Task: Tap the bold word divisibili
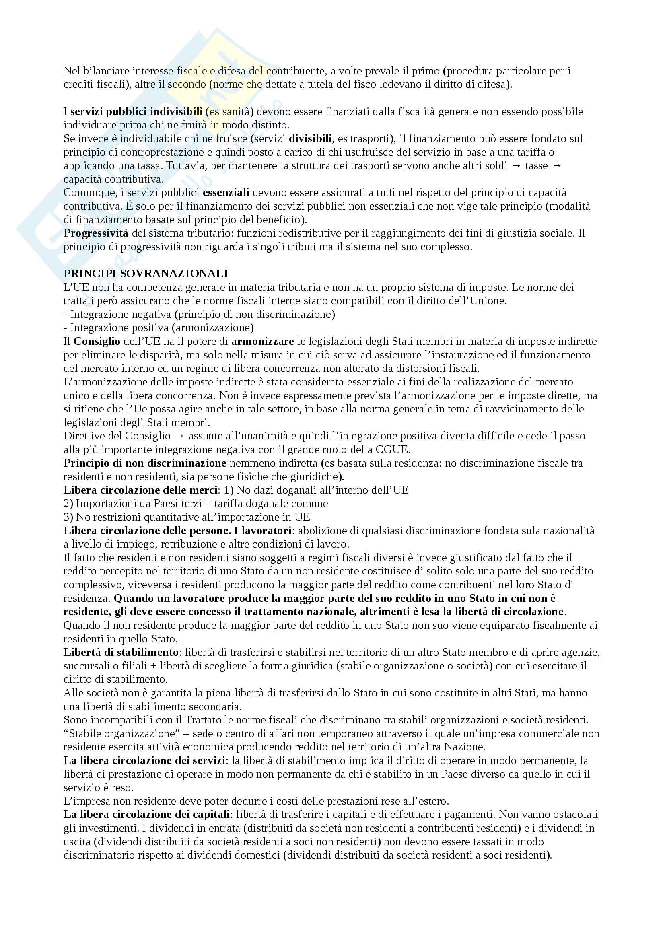tap(310, 138)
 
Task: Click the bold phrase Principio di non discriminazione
tap(145, 463)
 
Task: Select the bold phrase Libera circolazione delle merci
tap(140, 490)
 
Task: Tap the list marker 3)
tap(68, 517)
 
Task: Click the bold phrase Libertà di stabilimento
tap(121, 652)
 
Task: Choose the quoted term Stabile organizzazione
tap(119, 734)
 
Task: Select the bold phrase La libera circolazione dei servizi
tap(145, 761)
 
